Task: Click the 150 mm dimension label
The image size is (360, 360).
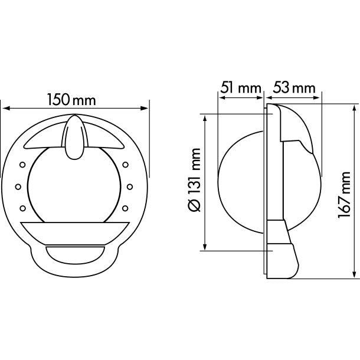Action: pos(71,100)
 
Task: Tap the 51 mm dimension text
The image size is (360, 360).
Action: pos(240,88)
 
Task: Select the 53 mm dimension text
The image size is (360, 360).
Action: pos(294,88)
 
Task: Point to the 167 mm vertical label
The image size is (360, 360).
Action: pos(345,195)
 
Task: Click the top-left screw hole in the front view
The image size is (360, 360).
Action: pos(22,165)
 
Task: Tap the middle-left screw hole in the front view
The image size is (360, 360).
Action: pos(18,186)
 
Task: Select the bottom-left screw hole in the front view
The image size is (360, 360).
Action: pos(22,208)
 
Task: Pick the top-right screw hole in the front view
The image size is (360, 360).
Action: pos(125,165)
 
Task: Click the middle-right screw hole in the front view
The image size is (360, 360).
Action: pos(130,186)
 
